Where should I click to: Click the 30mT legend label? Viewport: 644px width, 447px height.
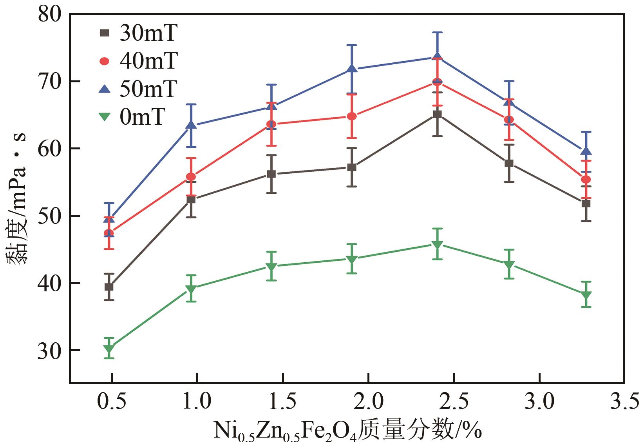[148, 33]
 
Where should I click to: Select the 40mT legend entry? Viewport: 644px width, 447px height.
[148, 61]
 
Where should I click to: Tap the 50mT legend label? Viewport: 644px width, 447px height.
[148, 89]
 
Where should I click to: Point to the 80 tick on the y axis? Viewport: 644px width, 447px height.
[50, 15]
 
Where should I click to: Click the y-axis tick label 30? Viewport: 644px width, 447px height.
[50, 350]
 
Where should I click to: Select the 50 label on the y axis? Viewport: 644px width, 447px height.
[50, 216]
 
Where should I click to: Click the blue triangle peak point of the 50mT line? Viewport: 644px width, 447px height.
[437, 57]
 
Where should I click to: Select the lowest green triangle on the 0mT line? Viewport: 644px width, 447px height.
[109, 349]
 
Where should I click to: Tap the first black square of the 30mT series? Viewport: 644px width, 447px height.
[109, 287]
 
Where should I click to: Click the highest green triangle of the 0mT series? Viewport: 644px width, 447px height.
[437, 245]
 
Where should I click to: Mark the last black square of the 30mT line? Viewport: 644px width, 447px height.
[586, 204]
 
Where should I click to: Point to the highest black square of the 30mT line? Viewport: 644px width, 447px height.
[437, 114]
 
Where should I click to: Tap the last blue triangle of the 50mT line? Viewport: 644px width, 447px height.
[586, 151]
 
